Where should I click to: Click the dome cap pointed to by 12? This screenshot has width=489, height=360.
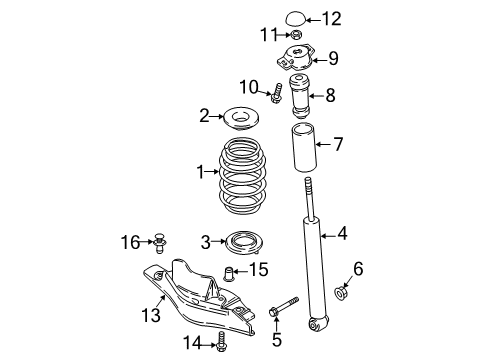pyautogui.click(x=295, y=18)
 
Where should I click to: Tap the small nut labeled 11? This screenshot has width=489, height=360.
pyautogui.click(x=296, y=34)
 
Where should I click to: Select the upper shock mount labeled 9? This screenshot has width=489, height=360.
pyautogui.click(x=296, y=58)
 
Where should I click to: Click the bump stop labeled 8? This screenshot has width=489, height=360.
pyautogui.click(x=299, y=96)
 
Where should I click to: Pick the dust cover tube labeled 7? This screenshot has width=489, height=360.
pyautogui.click(x=304, y=147)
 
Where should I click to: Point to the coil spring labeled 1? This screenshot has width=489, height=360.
pyautogui.click(x=242, y=176)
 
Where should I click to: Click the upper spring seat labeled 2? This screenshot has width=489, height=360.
pyautogui.click(x=241, y=118)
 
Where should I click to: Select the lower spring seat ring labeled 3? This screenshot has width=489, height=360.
pyautogui.click(x=244, y=242)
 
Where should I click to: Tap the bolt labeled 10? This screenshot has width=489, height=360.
pyautogui.click(x=276, y=93)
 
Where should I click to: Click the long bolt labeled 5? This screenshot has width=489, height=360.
pyautogui.click(x=283, y=306)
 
